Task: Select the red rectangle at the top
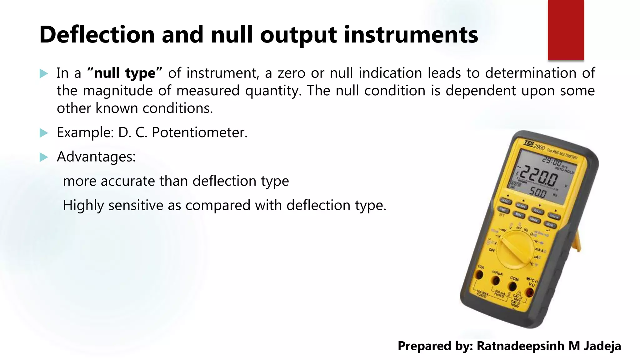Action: [566, 30]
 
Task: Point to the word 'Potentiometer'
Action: [199, 132]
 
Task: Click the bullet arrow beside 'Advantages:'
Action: [44, 157]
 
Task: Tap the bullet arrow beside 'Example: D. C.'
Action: [44, 133]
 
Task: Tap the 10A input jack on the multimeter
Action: [479, 275]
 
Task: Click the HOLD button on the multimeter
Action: [505, 201]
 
